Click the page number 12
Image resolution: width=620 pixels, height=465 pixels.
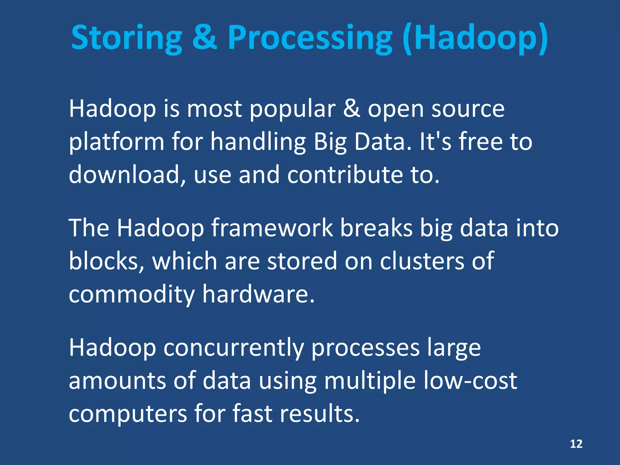[576, 444]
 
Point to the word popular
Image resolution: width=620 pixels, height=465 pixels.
[292, 110]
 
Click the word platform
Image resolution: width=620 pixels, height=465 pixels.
[117, 142]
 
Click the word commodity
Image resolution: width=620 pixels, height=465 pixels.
[132, 294]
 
